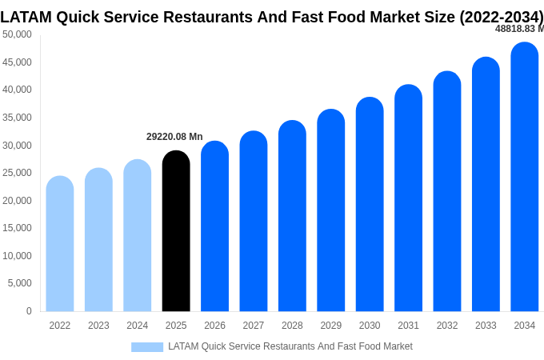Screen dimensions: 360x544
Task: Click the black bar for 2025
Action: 176,232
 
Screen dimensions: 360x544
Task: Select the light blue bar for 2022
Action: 60,244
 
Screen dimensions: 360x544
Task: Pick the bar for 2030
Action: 370,205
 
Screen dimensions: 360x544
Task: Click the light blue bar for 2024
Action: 138,236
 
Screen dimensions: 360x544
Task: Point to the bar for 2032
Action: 447,192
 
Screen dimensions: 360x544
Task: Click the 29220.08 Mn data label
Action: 174,137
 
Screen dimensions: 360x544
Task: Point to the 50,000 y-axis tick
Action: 18,34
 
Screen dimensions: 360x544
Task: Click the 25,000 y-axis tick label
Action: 18,173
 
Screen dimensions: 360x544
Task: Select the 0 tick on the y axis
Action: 29,311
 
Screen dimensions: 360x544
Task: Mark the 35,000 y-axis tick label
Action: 18,118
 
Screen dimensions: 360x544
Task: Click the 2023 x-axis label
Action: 98,326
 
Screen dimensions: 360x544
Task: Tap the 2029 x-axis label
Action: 331,326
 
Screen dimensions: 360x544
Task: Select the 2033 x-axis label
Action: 486,326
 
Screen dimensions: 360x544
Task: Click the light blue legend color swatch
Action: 147,347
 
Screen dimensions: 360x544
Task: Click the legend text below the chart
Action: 290,346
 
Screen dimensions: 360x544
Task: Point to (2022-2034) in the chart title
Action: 501,16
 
